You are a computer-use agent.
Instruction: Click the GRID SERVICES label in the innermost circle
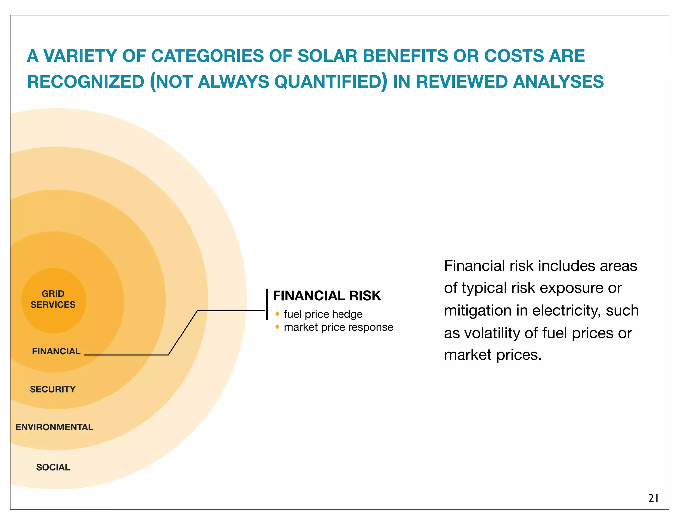point(53,299)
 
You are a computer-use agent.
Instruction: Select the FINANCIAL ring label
point(56,351)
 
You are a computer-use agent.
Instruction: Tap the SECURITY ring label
point(53,389)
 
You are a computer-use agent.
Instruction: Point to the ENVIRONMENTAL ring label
point(54,427)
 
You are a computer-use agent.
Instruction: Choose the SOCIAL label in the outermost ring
point(53,467)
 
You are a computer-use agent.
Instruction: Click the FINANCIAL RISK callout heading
point(327,296)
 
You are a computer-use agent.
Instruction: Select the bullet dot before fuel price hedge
point(277,314)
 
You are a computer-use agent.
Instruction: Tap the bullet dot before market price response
point(277,327)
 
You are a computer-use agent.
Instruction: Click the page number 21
point(653,498)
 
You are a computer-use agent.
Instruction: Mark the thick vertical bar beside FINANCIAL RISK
point(267,304)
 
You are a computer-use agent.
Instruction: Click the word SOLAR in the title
point(327,56)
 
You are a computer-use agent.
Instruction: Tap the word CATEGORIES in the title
point(207,56)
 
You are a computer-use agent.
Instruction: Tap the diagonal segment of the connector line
point(183,333)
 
